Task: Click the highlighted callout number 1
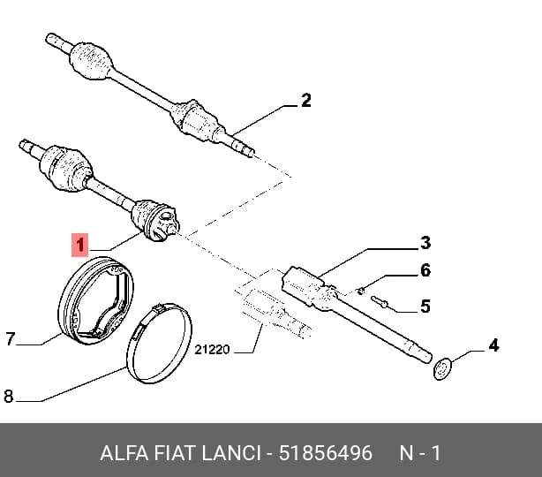(x=79, y=245)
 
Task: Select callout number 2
(x=306, y=101)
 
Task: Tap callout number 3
(x=425, y=243)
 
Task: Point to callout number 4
(x=493, y=345)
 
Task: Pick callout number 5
(x=425, y=307)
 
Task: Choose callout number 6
(x=425, y=270)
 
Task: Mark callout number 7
(x=11, y=338)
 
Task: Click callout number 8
(x=9, y=396)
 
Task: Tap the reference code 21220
(x=212, y=350)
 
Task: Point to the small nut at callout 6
(x=360, y=291)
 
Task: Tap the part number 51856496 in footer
(x=325, y=453)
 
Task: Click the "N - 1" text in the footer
(x=420, y=453)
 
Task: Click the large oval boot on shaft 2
(x=91, y=61)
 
